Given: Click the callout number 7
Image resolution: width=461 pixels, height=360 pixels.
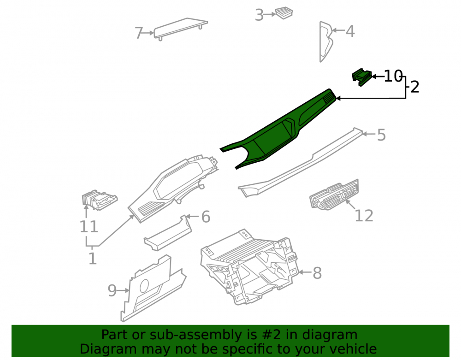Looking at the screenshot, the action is pyautogui.click(x=139, y=33).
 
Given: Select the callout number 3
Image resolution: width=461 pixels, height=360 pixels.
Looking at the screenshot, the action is pyautogui.click(x=259, y=15).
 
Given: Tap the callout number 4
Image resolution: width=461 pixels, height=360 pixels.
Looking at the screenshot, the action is pyautogui.click(x=350, y=31).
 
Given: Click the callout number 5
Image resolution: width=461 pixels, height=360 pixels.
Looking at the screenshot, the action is pyautogui.click(x=381, y=135).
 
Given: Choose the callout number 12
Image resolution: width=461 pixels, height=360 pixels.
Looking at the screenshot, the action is pyautogui.click(x=364, y=216).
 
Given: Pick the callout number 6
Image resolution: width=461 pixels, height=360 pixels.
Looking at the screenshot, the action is pyautogui.click(x=206, y=217).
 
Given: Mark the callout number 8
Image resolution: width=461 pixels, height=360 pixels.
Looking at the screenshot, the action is pyautogui.click(x=317, y=273).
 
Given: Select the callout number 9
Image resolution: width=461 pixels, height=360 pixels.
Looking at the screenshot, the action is pyautogui.click(x=112, y=291).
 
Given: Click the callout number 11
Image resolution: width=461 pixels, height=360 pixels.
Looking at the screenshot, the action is pyautogui.click(x=89, y=227).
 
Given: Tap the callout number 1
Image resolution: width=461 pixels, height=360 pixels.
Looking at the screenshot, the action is pyautogui.click(x=93, y=258).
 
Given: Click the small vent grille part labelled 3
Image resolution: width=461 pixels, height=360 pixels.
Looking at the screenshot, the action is pyautogui.click(x=284, y=12).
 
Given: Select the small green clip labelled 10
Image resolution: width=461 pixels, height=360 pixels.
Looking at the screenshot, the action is pyautogui.click(x=361, y=77).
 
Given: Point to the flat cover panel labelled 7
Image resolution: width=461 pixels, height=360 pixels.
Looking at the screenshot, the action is pyautogui.click(x=181, y=28).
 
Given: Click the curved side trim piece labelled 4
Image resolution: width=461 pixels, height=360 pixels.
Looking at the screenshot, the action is pyautogui.click(x=326, y=41).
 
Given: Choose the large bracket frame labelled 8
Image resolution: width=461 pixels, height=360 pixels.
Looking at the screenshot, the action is pyautogui.click(x=249, y=267).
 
